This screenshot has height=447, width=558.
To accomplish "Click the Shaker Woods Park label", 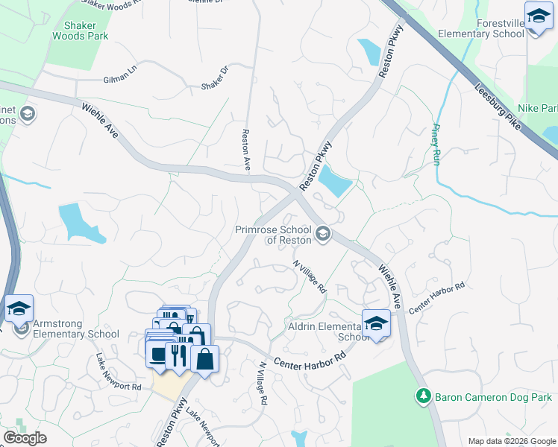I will coord(81,30).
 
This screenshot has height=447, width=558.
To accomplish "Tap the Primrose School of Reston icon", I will coord(323,234).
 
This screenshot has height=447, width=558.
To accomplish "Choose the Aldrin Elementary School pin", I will coord(376,324).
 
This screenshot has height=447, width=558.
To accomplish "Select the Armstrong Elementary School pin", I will coord(19,308).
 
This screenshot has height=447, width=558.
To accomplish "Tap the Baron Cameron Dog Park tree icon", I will coord(424,396).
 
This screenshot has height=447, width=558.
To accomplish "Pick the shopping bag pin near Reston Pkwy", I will coord(204,359).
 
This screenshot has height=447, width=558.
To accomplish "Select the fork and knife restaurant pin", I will coord(178,355).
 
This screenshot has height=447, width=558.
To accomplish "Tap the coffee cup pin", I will coord(159,354).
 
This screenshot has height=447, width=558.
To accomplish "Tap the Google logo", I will coord(25,438).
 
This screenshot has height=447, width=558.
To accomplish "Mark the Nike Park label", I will coord(537,109).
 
